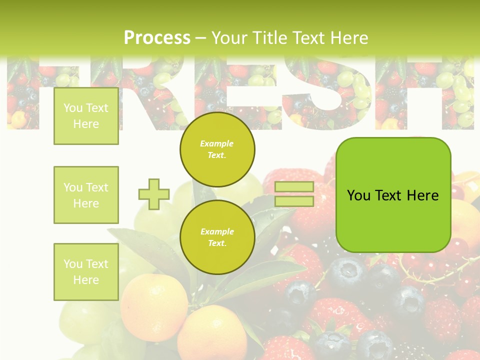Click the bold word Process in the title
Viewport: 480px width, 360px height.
(157, 38)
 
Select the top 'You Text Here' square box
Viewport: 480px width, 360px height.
(86, 116)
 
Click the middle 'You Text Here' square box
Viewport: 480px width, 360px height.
(86, 195)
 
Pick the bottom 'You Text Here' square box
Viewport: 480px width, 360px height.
(86, 271)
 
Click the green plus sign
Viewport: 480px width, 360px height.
(153, 194)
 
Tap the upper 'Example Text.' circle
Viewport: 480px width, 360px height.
(217, 149)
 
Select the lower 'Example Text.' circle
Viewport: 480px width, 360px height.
(217, 237)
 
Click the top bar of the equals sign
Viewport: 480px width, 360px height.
(294, 187)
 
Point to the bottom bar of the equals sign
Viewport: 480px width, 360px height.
(294, 201)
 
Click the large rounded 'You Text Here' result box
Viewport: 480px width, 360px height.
(393, 194)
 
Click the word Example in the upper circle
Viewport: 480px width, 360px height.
(217, 143)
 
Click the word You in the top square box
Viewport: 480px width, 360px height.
(72, 108)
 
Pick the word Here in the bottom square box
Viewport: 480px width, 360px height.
(86, 280)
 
